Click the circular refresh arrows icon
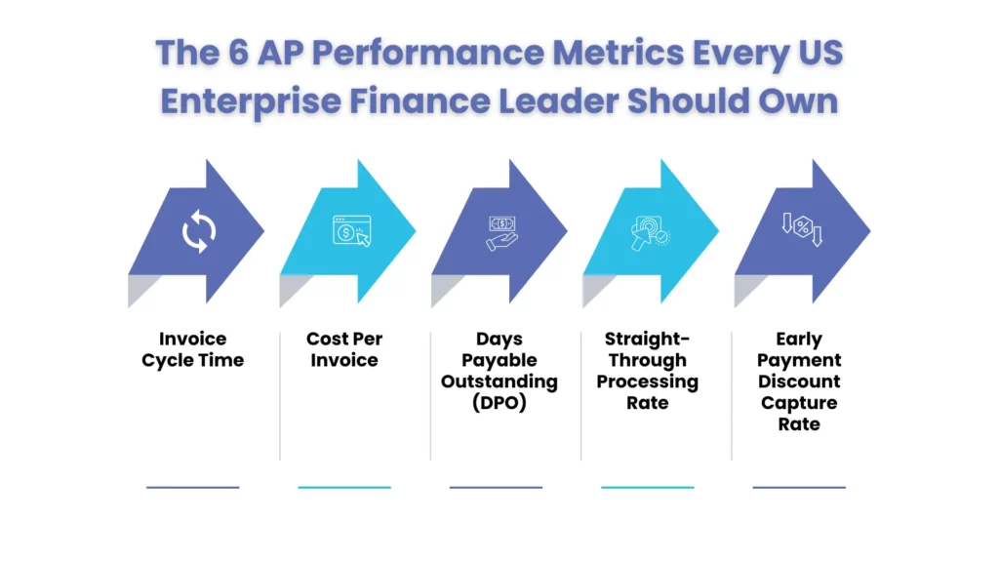[x=199, y=232]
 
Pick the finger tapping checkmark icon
[x=650, y=232]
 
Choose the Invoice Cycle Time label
[x=193, y=349]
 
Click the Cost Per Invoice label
[x=344, y=349]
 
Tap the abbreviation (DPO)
[x=499, y=403]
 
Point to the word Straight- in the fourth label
[x=648, y=339]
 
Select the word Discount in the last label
[x=799, y=381]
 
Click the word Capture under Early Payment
[x=799, y=403]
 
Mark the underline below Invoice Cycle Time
[x=193, y=487]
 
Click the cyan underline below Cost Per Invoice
[x=344, y=487]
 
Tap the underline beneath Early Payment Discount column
[x=799, y=487]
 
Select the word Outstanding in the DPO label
[x=499, y=381]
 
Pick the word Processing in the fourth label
[x=648, y=381]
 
